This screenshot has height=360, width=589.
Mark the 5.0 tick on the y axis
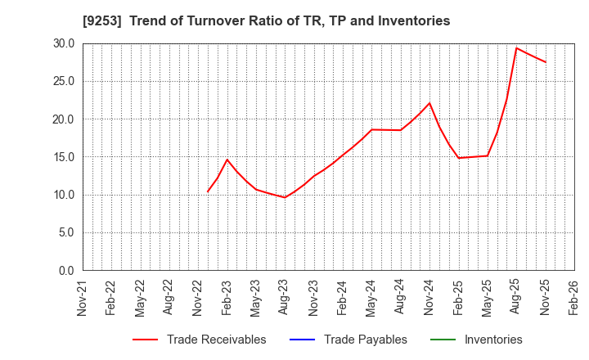[66, 232]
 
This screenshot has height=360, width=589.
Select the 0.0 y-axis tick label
[66, 271]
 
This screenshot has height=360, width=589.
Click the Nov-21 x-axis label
[83, 298]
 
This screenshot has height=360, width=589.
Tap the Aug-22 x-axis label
[169, 298]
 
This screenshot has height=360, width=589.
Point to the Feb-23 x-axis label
[227, 298]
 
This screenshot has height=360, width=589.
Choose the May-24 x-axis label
[371, 298]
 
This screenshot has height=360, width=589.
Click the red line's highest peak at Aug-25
[516, 47]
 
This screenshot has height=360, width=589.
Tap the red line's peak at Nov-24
[429, 103]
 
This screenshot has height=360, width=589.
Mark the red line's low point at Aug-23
[285, 197]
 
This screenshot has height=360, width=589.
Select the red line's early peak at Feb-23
[227, 160]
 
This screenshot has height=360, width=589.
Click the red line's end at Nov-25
[545, 62]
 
